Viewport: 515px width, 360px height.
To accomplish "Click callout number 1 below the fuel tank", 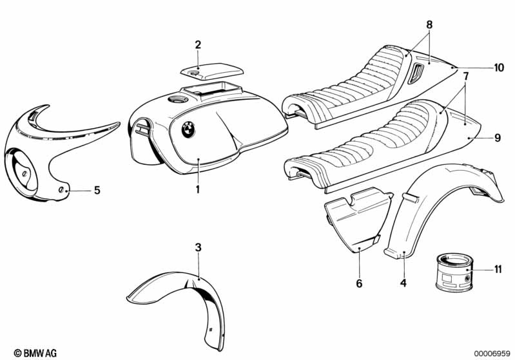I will coord(198,189).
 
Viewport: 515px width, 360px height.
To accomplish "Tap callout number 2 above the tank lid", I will coord(198,44).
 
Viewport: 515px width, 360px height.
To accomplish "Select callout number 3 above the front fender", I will coord(198,247).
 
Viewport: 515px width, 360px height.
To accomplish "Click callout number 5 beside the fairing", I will coord(97,190).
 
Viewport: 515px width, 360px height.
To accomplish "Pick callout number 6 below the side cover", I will coord(359,283).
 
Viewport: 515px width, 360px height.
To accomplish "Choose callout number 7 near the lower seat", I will coord(464,77).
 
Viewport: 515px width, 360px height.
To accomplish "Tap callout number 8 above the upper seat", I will coord(429,25).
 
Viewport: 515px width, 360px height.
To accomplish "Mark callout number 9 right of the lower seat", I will coord(497,137).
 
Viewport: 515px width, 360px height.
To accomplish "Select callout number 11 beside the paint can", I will coord(497,269).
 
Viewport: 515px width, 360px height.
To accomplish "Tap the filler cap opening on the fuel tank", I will coord(176,100).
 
